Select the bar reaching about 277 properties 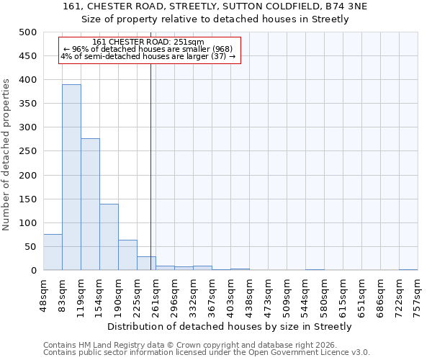(90, 204)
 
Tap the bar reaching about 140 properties (109, 237)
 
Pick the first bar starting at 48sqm (53, 252)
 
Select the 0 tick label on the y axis (32, 271)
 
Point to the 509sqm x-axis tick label (287, 293)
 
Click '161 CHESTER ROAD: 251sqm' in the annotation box (148, 42)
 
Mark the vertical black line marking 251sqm (150, 166)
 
